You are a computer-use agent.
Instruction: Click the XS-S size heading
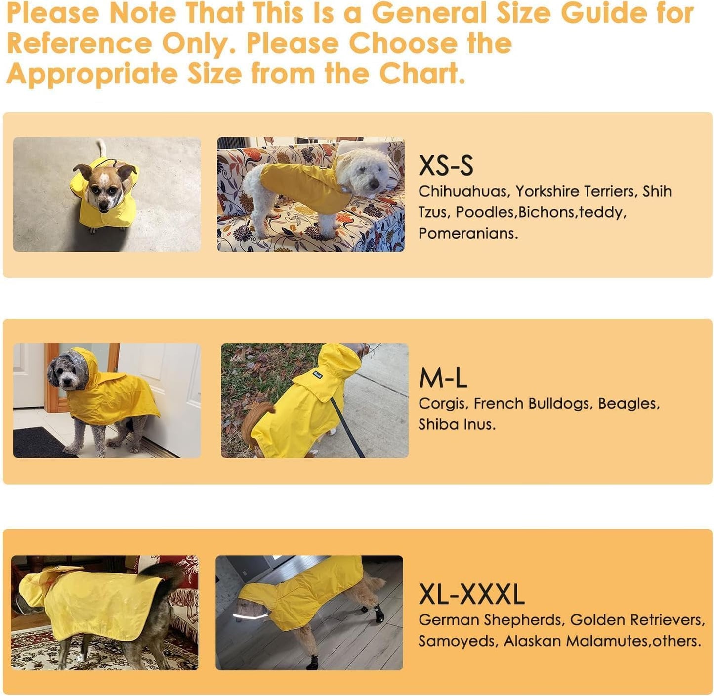[x=446, y=165]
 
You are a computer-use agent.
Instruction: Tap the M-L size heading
[x=443, y=378]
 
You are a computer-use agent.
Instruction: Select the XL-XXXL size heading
[x=471, y=594]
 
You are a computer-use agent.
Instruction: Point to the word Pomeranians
[x=467, y=234]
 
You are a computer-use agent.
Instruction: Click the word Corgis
[x=443, y=404]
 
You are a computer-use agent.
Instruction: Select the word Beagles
[x=628, y=404]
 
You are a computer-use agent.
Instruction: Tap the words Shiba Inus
[x=456, y=424]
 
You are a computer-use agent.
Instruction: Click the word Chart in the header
[x=421, y=74]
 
